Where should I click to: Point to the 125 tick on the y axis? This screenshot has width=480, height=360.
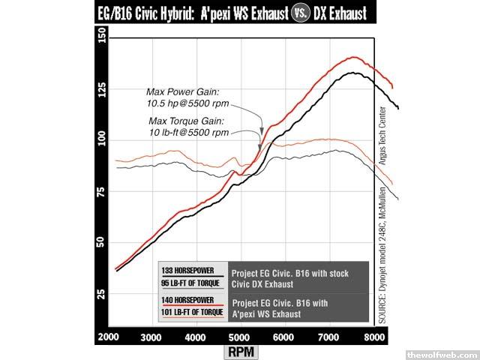[102, 89]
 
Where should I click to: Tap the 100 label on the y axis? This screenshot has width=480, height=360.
[102, 141]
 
